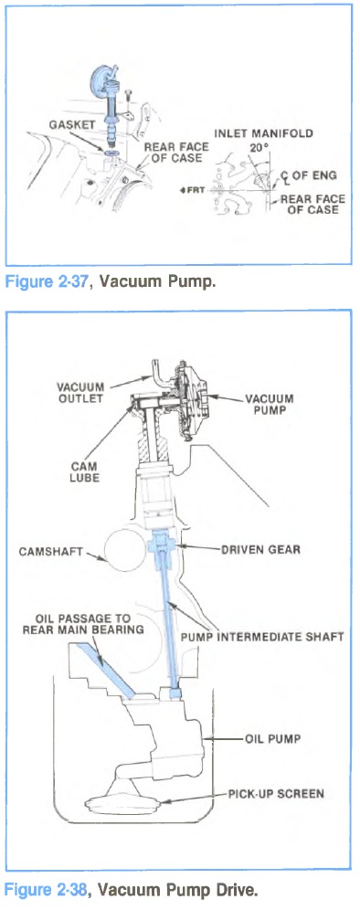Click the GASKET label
pos(72,124)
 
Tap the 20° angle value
pos(259,147)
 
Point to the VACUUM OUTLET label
pos(80,393)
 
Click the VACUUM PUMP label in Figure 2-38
pos(269,404)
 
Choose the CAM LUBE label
pos(85,472)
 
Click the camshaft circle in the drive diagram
pos(122,550)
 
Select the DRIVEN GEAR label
pos(260,550)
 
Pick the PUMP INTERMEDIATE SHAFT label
pos(262,637)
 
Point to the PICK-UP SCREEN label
pos(275,793)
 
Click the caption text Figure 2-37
pos(48,282)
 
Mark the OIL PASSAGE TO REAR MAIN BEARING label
pos(83,624)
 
